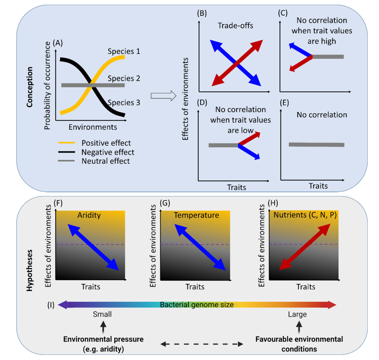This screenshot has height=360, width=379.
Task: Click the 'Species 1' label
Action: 123,51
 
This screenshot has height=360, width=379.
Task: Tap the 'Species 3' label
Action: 124,103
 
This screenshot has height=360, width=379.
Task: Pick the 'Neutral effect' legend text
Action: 106,161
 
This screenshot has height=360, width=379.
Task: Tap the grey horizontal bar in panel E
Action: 316,145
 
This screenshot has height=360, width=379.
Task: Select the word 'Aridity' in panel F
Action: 89,215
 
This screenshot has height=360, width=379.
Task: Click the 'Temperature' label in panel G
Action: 196,215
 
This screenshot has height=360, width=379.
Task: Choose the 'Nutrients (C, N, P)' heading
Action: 304,215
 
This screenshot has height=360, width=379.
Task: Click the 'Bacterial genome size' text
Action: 197,304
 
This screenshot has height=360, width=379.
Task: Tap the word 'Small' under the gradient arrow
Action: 102,314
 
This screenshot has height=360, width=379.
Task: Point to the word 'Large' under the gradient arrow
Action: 297,314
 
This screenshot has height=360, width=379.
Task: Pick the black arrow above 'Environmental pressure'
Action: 102,328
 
